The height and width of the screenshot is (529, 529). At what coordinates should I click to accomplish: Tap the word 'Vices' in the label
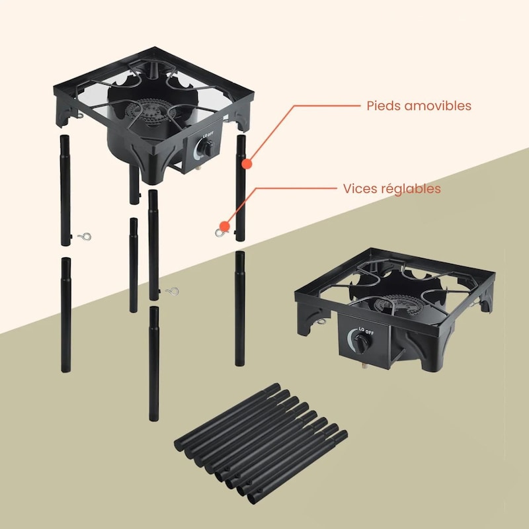click(x=358, y=188)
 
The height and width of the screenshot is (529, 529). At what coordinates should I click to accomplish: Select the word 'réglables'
click(x=409, y=189)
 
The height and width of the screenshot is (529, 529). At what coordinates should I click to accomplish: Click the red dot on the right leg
click(x=247, y=164)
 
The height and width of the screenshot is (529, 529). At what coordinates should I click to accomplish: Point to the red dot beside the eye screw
click(x=224, y=226)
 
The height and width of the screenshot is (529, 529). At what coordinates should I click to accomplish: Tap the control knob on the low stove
click(x=362, y=344)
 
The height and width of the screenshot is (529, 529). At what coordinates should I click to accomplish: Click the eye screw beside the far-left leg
click(x=85, y=237)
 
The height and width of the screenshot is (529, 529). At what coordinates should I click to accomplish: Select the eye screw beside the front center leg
click(x=173, y=291)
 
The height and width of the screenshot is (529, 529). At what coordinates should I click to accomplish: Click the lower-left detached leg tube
click(x=66, y=315)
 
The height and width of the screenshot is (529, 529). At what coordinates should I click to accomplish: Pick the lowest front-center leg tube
click(x=154, y=364)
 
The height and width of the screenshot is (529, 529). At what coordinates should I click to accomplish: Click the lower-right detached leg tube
click(x=240, y=308)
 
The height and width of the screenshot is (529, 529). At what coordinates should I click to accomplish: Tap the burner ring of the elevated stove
click(x=147, y=110)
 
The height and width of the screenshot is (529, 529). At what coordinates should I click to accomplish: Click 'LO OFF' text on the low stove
click(x=366, y=331)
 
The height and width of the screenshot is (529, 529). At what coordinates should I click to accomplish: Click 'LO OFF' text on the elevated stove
click(x=208, y=134)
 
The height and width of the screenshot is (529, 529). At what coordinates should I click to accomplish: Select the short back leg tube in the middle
click(x=134, y=265)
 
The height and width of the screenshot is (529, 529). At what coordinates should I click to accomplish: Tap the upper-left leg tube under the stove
click(x=65, y=190)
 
